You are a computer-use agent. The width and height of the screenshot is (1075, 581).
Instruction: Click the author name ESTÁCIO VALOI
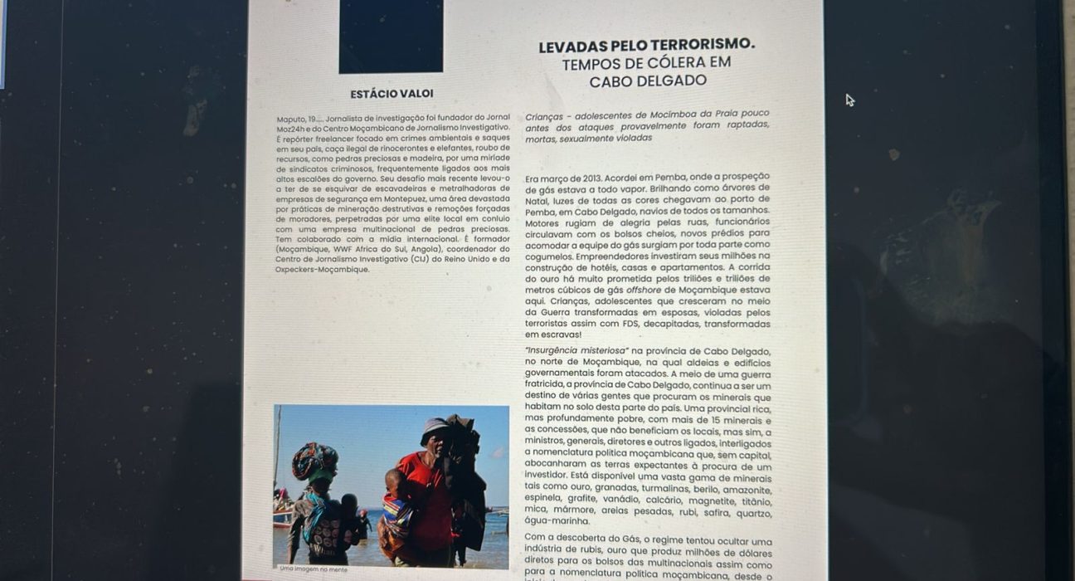coord(392,94)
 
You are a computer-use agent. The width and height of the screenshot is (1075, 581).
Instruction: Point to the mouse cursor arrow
coord(849,100)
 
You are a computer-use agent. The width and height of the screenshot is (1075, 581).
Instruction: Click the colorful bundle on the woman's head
coord(315,459)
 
